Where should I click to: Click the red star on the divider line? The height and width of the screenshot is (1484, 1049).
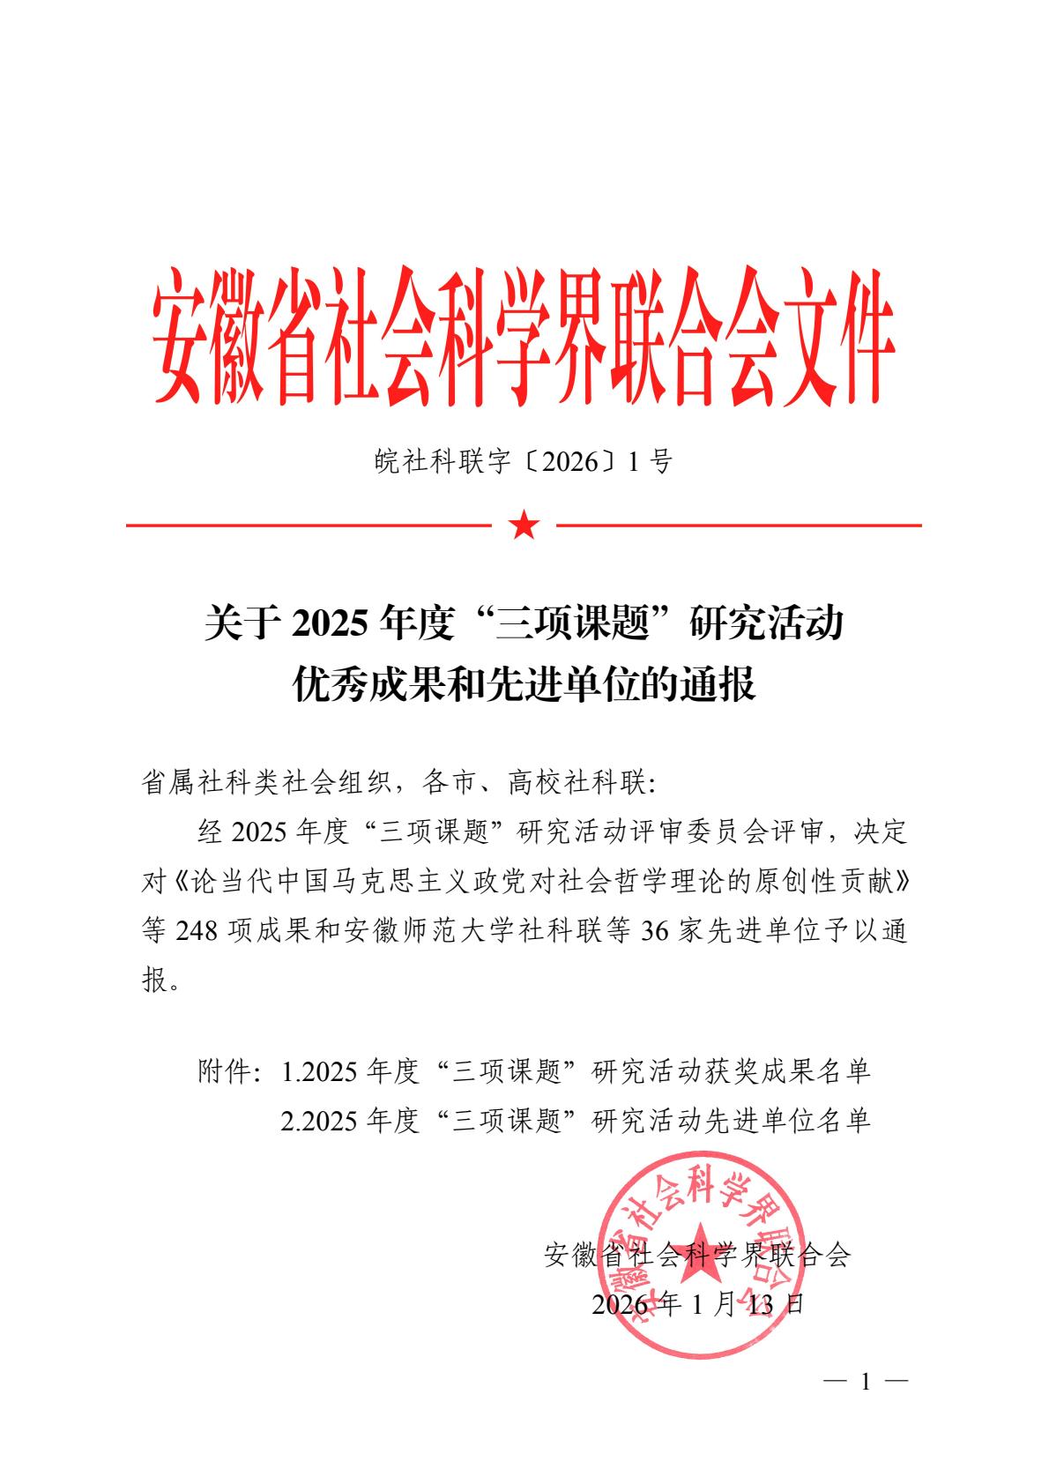524,526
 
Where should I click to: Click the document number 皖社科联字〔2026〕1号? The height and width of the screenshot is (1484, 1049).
524,461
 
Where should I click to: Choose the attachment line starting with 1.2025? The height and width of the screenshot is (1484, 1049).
576,1071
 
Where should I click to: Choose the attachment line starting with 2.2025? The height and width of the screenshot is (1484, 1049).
576,1120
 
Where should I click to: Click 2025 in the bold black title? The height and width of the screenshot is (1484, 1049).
329,624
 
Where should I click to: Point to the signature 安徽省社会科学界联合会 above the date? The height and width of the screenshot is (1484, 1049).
698,1255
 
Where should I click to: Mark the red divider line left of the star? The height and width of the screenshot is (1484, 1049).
309,526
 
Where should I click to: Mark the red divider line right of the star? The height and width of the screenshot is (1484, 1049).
739,526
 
